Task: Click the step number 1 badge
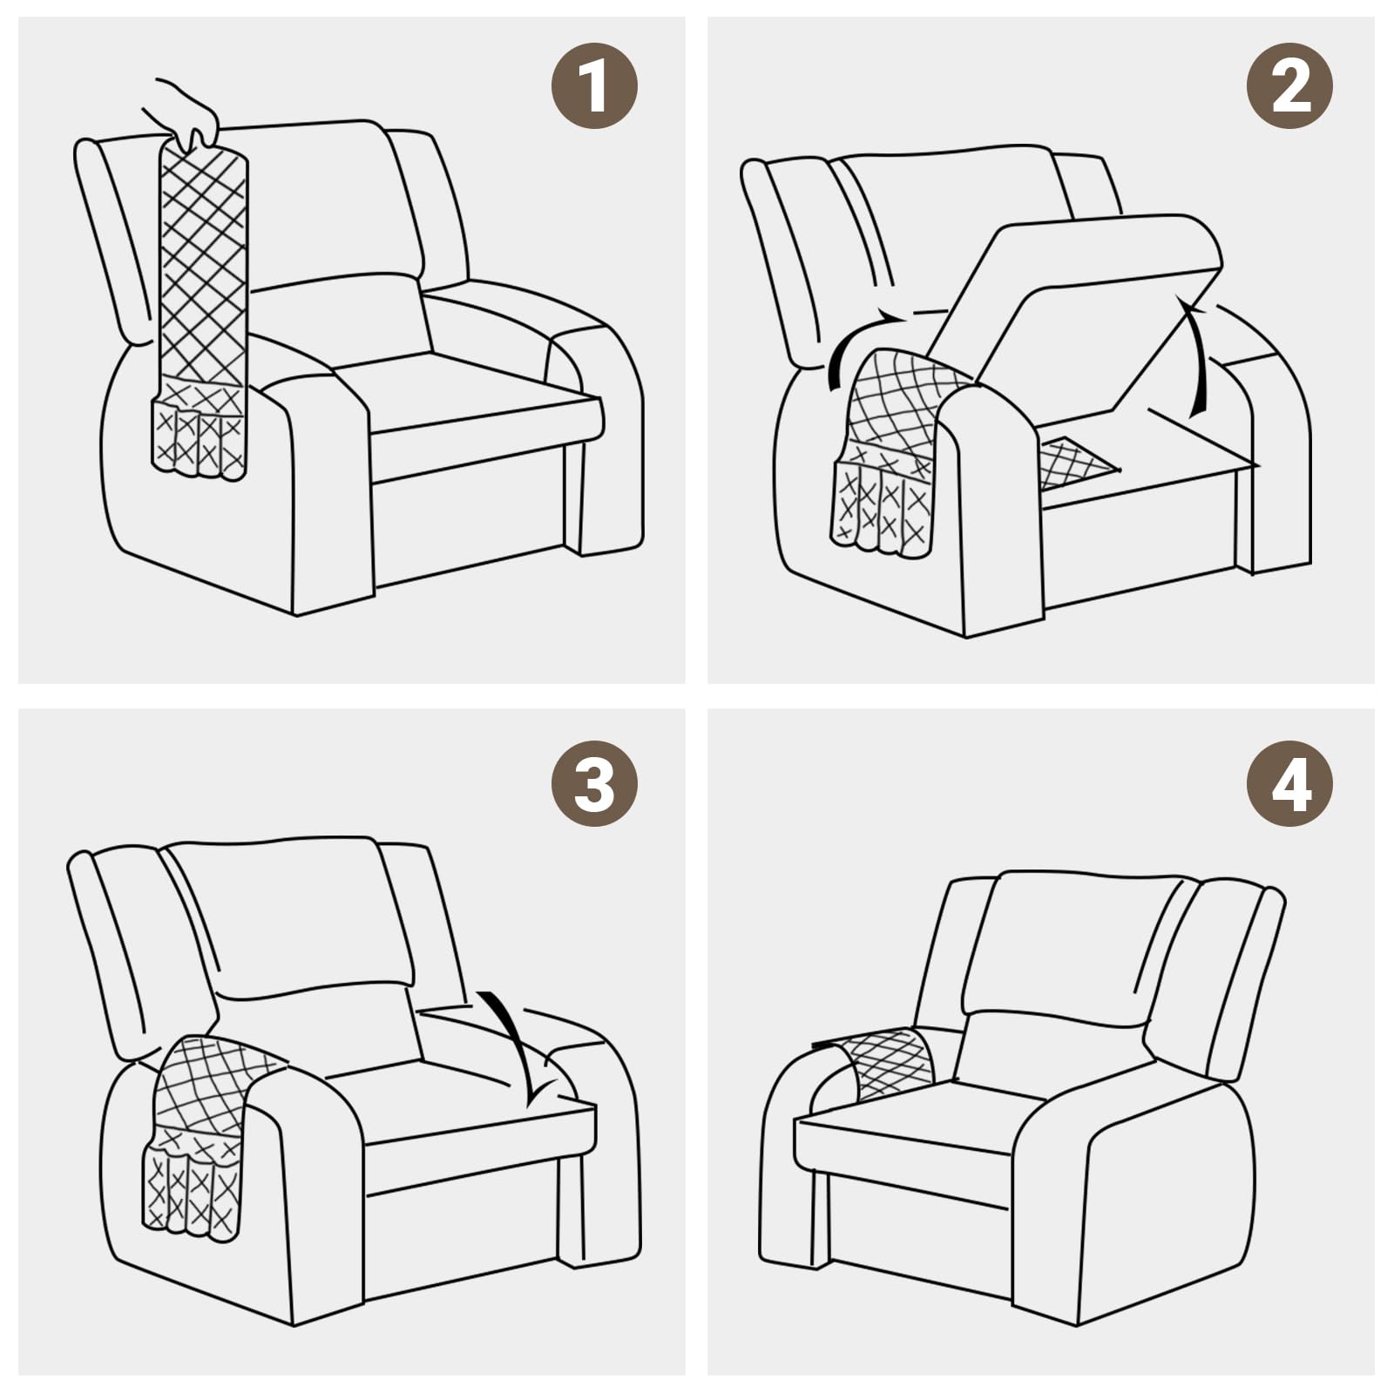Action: point(594,86)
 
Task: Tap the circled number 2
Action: point(1289,86)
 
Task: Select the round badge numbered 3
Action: point(594,783)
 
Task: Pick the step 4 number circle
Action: point(1289,783)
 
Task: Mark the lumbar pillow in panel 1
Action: point(340,322)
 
